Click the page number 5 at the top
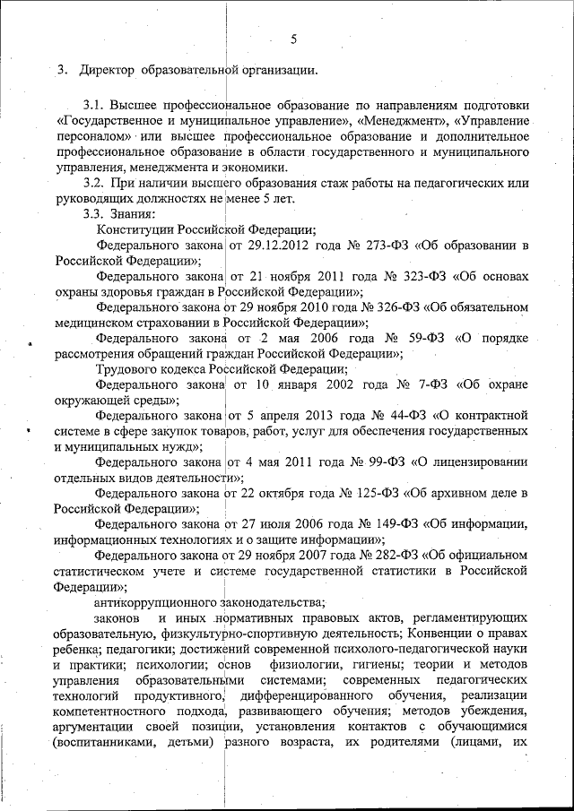pos(293,39)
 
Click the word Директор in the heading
pos(108,70)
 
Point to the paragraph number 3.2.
pos(95,183)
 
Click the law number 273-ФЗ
pos(396,246)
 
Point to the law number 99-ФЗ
pos(381,463)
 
